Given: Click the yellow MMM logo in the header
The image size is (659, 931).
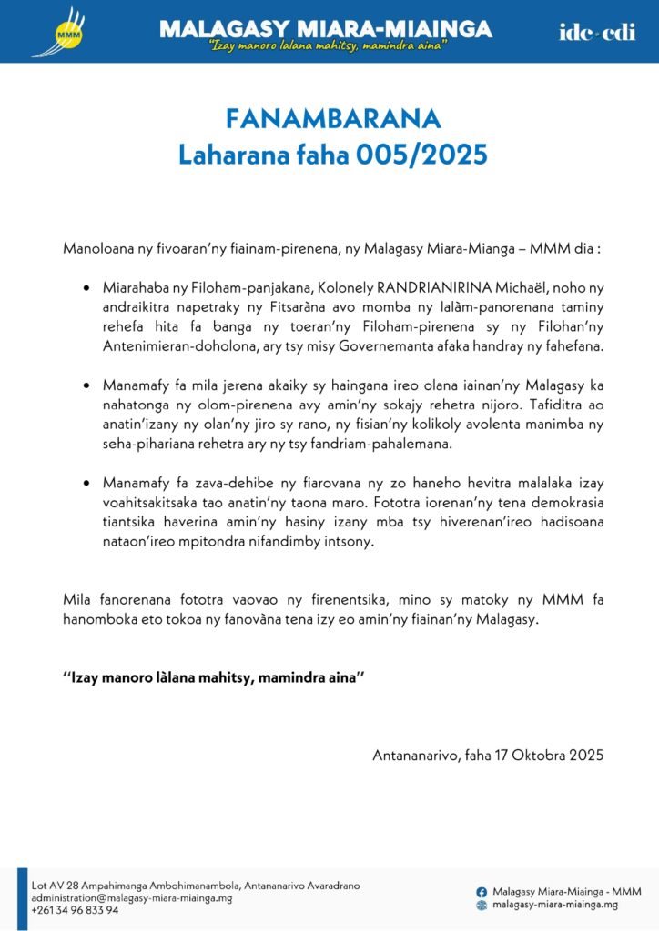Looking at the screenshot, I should (x=66, y=32).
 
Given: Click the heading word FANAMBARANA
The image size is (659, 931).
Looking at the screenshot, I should (x=332, y=119).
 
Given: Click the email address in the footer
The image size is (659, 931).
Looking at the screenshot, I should (x=132, y=897).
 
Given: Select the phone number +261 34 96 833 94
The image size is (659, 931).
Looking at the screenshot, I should (x=76, y=910).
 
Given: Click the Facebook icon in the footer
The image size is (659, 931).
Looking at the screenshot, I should (x=482, y=892).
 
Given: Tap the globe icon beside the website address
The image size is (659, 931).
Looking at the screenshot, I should (x=482, y=906).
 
